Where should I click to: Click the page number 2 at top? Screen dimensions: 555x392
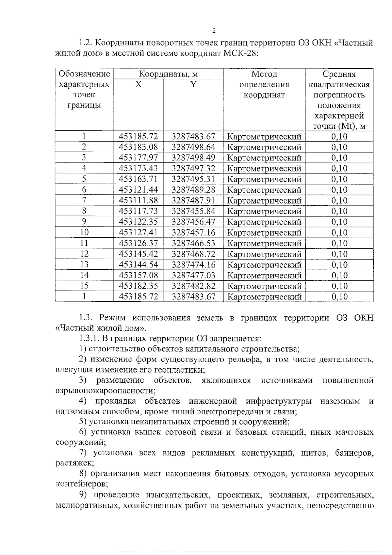pos(214,31)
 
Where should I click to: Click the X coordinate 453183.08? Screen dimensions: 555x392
pos(139,147)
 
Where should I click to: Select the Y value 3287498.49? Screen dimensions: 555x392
pos(193,158)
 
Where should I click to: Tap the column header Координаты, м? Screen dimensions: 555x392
pos(168,74)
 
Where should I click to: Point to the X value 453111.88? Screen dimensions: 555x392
pos(139,200)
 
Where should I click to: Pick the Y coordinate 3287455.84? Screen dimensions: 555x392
pos(193,211)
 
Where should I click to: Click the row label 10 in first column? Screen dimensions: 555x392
pos(84,232)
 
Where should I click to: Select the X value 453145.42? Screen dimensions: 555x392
pos(139,254)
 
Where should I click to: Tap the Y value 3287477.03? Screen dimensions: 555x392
pos(193,275)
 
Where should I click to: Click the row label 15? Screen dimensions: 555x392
pos(84,286)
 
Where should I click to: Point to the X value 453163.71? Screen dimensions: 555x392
pos(139,179)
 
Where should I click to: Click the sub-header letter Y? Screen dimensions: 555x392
pos(193,85)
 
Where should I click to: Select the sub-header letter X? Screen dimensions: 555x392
pos(139,85)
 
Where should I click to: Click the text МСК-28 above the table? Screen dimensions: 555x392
pos(241,54)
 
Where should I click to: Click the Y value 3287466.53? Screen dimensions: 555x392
pos(193,243)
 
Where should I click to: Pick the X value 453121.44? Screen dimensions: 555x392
pos(139,190)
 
